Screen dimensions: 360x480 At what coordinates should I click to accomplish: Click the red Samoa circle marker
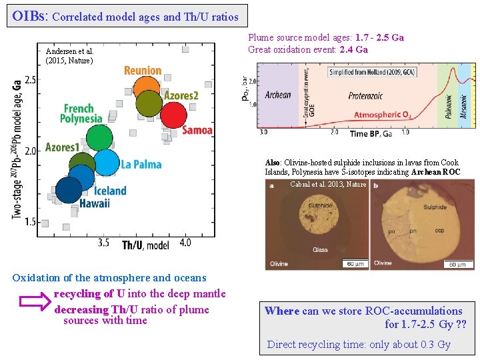pos(173,115)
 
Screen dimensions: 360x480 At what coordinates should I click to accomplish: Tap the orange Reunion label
pos(143,71)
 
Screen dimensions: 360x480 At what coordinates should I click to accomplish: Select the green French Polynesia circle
pos(99,138)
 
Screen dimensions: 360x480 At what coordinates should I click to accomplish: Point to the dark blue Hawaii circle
pos(69,189)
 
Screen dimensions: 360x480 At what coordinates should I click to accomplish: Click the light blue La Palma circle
pos(107,163)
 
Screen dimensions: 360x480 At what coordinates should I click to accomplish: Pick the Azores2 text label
pos(181,96)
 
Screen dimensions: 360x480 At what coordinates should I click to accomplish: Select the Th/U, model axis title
pos(146,245)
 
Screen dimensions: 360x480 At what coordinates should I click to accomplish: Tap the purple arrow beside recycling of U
pos(30,301)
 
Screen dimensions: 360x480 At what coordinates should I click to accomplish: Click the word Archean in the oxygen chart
pos(278,95)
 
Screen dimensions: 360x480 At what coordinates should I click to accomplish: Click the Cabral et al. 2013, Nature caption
pos(328,184)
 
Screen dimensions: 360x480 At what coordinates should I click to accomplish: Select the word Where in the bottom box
pos(282,311)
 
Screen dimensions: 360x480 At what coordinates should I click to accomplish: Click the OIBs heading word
pos(29,15)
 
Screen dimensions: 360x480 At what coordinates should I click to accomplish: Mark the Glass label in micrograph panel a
pos(320,250)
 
